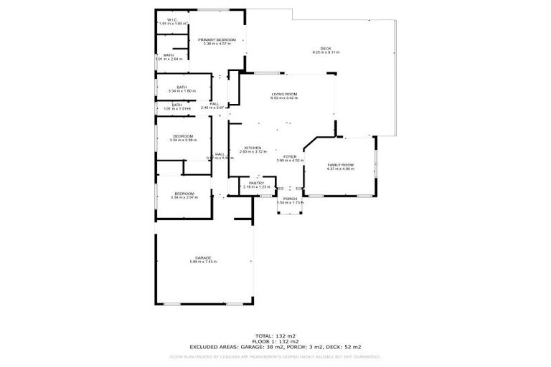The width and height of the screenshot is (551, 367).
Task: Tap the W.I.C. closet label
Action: pos(171,20)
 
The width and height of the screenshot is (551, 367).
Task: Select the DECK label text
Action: pos(325,49)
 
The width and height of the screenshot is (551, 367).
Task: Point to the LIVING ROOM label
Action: pos(283,95)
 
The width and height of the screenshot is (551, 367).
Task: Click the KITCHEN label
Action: pos(253,148)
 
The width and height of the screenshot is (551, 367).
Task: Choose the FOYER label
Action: pos(290,156)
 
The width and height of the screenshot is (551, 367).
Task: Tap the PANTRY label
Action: pos(257,183)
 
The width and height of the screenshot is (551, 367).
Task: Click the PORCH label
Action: pos(290,199)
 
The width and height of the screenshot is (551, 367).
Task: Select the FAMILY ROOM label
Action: pos(340,165)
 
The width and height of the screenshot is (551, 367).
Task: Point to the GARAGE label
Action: pos(203,257)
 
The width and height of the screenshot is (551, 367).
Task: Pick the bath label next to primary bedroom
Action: pos(169,55)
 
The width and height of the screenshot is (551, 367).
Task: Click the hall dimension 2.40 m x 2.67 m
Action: pos(215,108)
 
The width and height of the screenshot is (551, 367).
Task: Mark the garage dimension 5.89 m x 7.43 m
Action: pos(203,262)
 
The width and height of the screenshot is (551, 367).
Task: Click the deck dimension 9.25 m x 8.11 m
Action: pos(325,53)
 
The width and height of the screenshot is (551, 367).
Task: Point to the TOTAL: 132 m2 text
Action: pos(275,335)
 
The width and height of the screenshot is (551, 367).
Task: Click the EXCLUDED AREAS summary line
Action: pos(275,346)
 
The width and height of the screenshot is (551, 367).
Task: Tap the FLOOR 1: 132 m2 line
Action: pos(275,341)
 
